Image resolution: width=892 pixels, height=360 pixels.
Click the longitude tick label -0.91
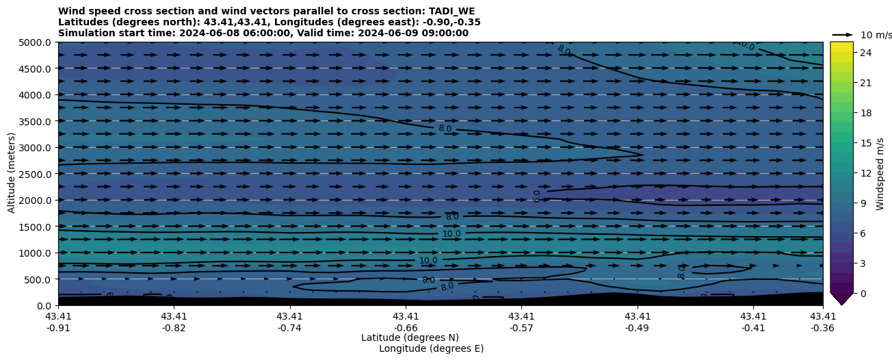pos(58,327)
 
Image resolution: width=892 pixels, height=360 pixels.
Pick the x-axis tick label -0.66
pos(406,327)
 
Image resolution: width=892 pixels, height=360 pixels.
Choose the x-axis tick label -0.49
pos(638,327)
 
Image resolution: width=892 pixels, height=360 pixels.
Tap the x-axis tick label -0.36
pos(823,327)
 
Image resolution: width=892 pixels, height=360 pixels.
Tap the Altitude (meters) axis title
pos(12,172)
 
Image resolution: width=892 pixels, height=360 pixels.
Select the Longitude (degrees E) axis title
pos(431,348)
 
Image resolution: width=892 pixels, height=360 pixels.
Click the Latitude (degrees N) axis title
pos(410,337)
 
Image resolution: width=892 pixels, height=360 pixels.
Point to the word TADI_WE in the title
pos(451,11)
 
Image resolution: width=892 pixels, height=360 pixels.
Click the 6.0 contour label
pos(538,196)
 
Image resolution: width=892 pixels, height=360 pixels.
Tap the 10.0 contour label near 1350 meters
pos(451,234)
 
